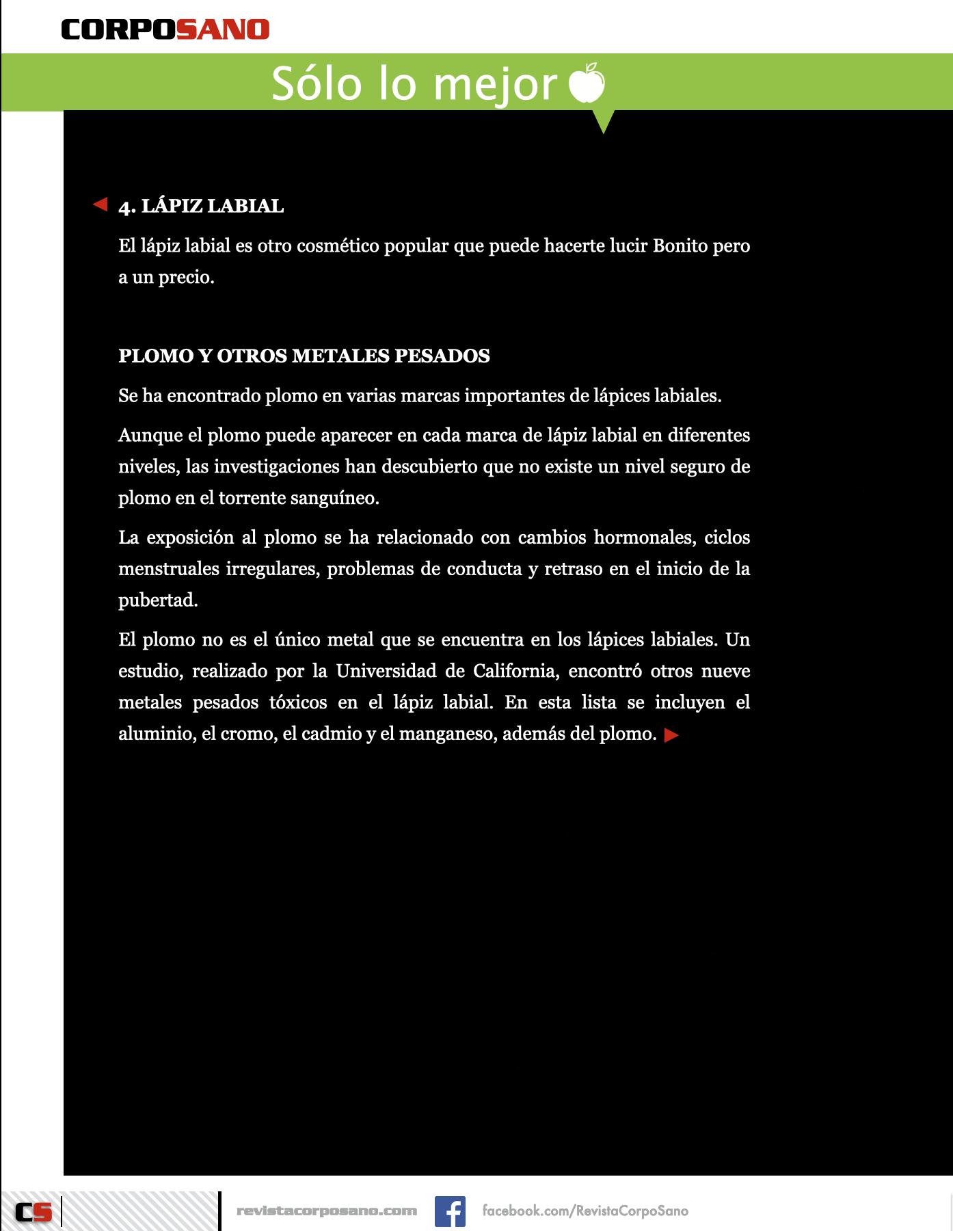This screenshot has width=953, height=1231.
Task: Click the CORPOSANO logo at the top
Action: (165, 29)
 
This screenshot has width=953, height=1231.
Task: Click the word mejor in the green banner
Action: (495, 85)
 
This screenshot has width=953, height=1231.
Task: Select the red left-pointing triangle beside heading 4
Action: (100, 204)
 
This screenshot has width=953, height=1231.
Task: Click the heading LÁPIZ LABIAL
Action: (212, 206)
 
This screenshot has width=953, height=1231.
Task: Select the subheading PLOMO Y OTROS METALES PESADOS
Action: (304, 356)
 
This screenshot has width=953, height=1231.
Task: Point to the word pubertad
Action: (158, 600)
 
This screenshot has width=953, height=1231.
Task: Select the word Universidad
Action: (386, 671)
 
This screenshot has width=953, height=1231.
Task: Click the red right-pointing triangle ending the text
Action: (671, 735)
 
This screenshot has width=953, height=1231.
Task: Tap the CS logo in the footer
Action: (33, 1212)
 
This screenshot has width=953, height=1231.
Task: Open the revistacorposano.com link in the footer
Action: (327, 1210)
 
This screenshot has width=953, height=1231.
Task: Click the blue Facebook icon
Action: (450, 1211)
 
